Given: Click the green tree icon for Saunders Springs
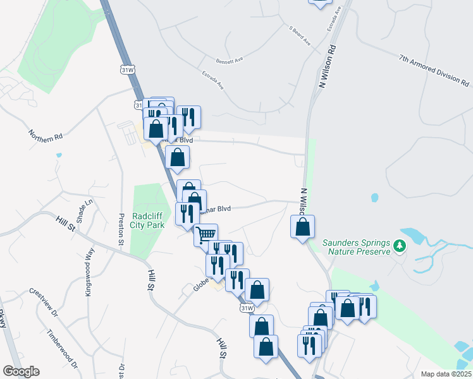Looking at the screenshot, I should pos(399,244).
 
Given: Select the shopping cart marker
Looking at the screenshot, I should pos(206,235).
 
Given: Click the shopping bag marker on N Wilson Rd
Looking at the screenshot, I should pos(303,227).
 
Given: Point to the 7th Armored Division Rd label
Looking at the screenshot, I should pos(434,69).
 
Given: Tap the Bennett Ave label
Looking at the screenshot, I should pos(230,61).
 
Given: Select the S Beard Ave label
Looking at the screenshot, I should pos(300,35).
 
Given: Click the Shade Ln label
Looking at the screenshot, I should pos(89,208).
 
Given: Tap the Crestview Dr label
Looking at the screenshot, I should pos(44,303).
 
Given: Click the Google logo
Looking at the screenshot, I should pos(21,371).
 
